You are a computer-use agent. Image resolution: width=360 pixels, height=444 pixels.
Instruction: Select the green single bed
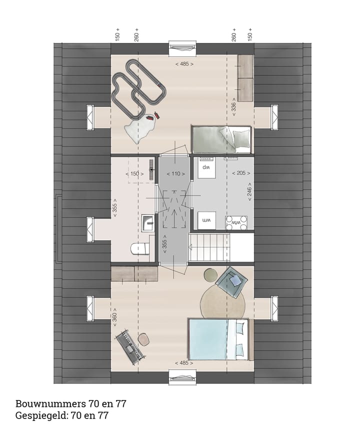click(x=220, y=138)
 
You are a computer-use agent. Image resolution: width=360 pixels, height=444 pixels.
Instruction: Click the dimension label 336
click(x=233, y=106)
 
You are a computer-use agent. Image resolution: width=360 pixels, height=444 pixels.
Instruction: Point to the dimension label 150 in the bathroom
click(x=135, y=173)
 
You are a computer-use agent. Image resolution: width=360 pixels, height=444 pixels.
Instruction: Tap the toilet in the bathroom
click(x=137, y=248)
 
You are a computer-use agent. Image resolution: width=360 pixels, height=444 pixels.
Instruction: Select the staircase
click(x=209, y=247)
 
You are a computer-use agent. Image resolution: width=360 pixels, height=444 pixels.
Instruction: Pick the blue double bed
click(x=218, y=339)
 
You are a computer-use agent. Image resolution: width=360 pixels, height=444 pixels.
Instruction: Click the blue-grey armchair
click(x=233, y=281)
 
